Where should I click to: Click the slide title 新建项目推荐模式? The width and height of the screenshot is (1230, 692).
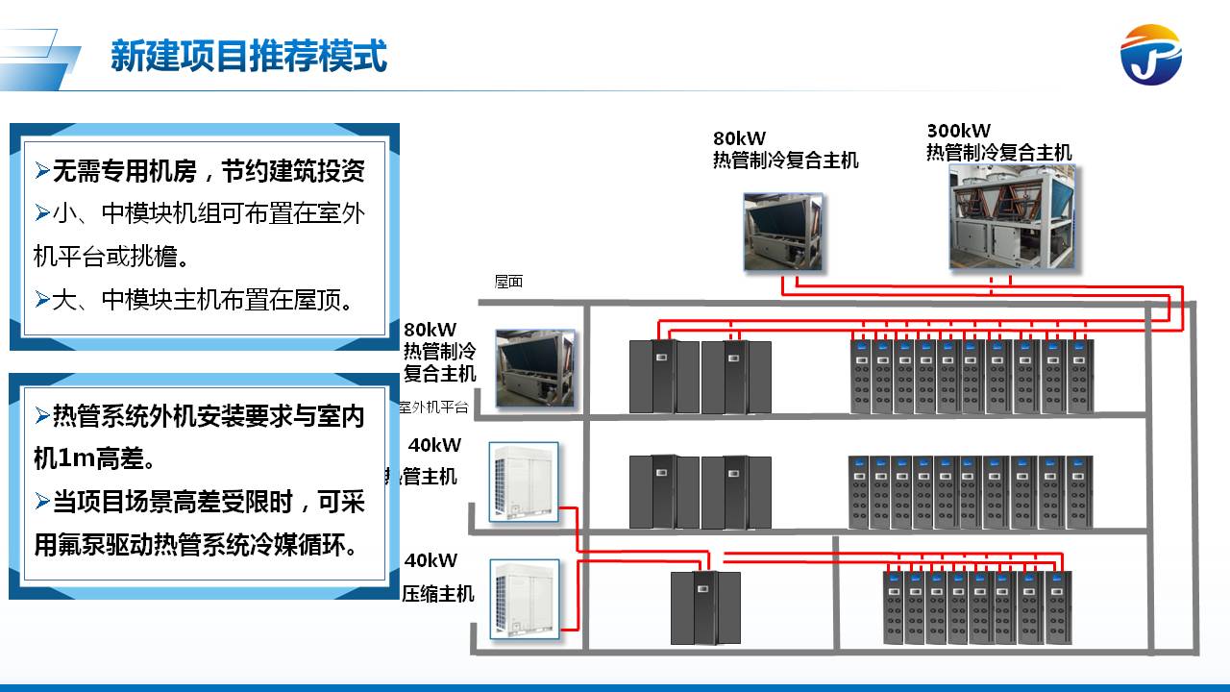[x=248, y=56]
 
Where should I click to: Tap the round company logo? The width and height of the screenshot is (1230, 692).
[x=1150, y=55]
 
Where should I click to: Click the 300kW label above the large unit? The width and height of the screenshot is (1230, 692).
[x=958, y=131]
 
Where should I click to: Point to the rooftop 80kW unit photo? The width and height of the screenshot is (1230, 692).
[x=783, y=232]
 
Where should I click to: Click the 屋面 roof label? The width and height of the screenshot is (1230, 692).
[x=508, y=282]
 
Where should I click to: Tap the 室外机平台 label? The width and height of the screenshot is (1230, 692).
[x=433, y=407]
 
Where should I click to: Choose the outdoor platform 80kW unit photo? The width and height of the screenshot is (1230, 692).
[x=535, y=369]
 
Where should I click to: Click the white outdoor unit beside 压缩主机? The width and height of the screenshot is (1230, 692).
[x=525, y=598]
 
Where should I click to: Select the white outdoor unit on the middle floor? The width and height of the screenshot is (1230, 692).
[x=525, y=482]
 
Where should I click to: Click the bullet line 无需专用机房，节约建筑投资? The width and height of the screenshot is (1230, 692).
[x=200, y=171]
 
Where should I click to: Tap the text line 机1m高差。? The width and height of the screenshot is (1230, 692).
[x=95, y=458]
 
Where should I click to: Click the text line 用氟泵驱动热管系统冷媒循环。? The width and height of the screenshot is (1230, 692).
[x=196, y=545]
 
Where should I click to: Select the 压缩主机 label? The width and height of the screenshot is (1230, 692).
[x=438, y=593]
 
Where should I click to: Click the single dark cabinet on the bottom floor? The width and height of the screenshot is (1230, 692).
[x=705, y=607]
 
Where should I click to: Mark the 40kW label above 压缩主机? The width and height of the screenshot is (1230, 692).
[x=430, y=560]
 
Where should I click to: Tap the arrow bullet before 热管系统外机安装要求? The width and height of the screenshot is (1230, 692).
[x=41, y=416]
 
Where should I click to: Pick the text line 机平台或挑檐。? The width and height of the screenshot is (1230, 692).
[x=111, y=256]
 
